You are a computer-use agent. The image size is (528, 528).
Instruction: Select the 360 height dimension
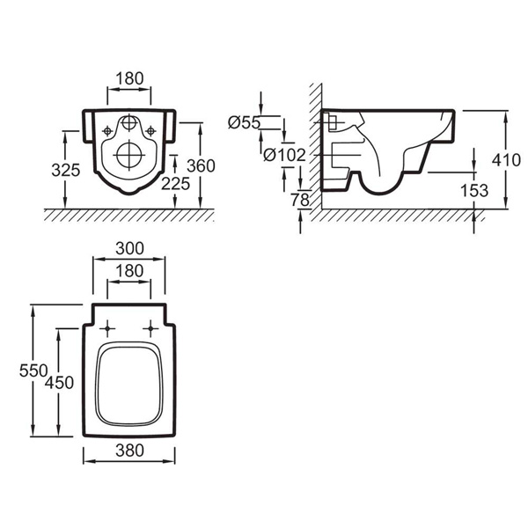202,165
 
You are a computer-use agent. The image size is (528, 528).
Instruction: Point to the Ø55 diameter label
244,123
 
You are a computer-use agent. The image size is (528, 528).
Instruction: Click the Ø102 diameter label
283,155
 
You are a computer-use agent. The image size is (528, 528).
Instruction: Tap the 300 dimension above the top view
128,249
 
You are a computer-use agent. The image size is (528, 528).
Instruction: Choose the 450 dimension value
59,382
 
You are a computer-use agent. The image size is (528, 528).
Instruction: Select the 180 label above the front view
129,77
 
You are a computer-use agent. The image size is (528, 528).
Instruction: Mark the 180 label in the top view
128,271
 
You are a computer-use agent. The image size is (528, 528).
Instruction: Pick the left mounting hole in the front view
107,131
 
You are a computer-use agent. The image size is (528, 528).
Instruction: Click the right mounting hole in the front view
150,131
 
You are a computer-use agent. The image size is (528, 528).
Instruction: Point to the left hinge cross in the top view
107,329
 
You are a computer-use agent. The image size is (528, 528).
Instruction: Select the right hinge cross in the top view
150,329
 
